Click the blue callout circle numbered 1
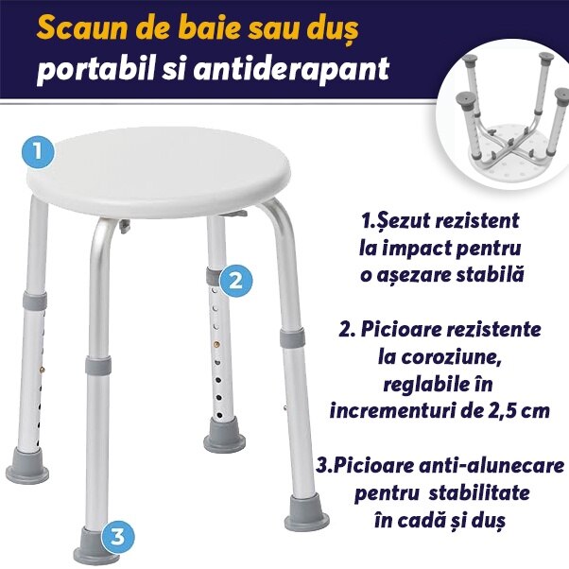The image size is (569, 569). (x=37, y=150)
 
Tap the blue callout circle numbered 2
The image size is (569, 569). (x=236, y=280)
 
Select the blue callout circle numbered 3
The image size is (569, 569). (x=116, y=537)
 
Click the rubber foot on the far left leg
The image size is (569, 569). (x=27, y=470)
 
